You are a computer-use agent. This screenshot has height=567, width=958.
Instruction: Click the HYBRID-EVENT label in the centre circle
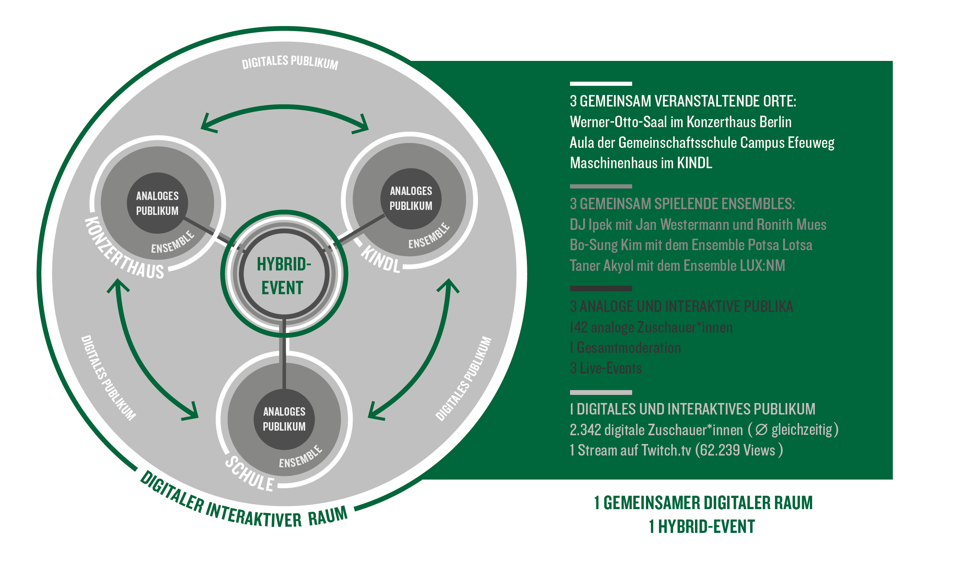click(283, 276)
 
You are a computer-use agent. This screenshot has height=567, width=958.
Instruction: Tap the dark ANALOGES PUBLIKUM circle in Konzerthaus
click(157, 203)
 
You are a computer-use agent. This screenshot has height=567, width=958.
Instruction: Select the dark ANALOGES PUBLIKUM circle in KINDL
click(411, 198)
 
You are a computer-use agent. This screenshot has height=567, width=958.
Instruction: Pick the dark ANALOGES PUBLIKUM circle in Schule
click(284, 419)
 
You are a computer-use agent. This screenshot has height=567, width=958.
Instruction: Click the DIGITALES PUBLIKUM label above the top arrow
click(290, 62)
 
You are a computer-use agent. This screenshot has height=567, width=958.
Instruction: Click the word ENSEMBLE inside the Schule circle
click(301, 457)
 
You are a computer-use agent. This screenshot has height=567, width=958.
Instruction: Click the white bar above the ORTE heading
click(600, 84)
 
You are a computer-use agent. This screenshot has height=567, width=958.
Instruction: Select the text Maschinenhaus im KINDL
click(641, 163)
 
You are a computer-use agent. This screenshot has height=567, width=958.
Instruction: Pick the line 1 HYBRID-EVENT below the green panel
click(701, 527)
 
